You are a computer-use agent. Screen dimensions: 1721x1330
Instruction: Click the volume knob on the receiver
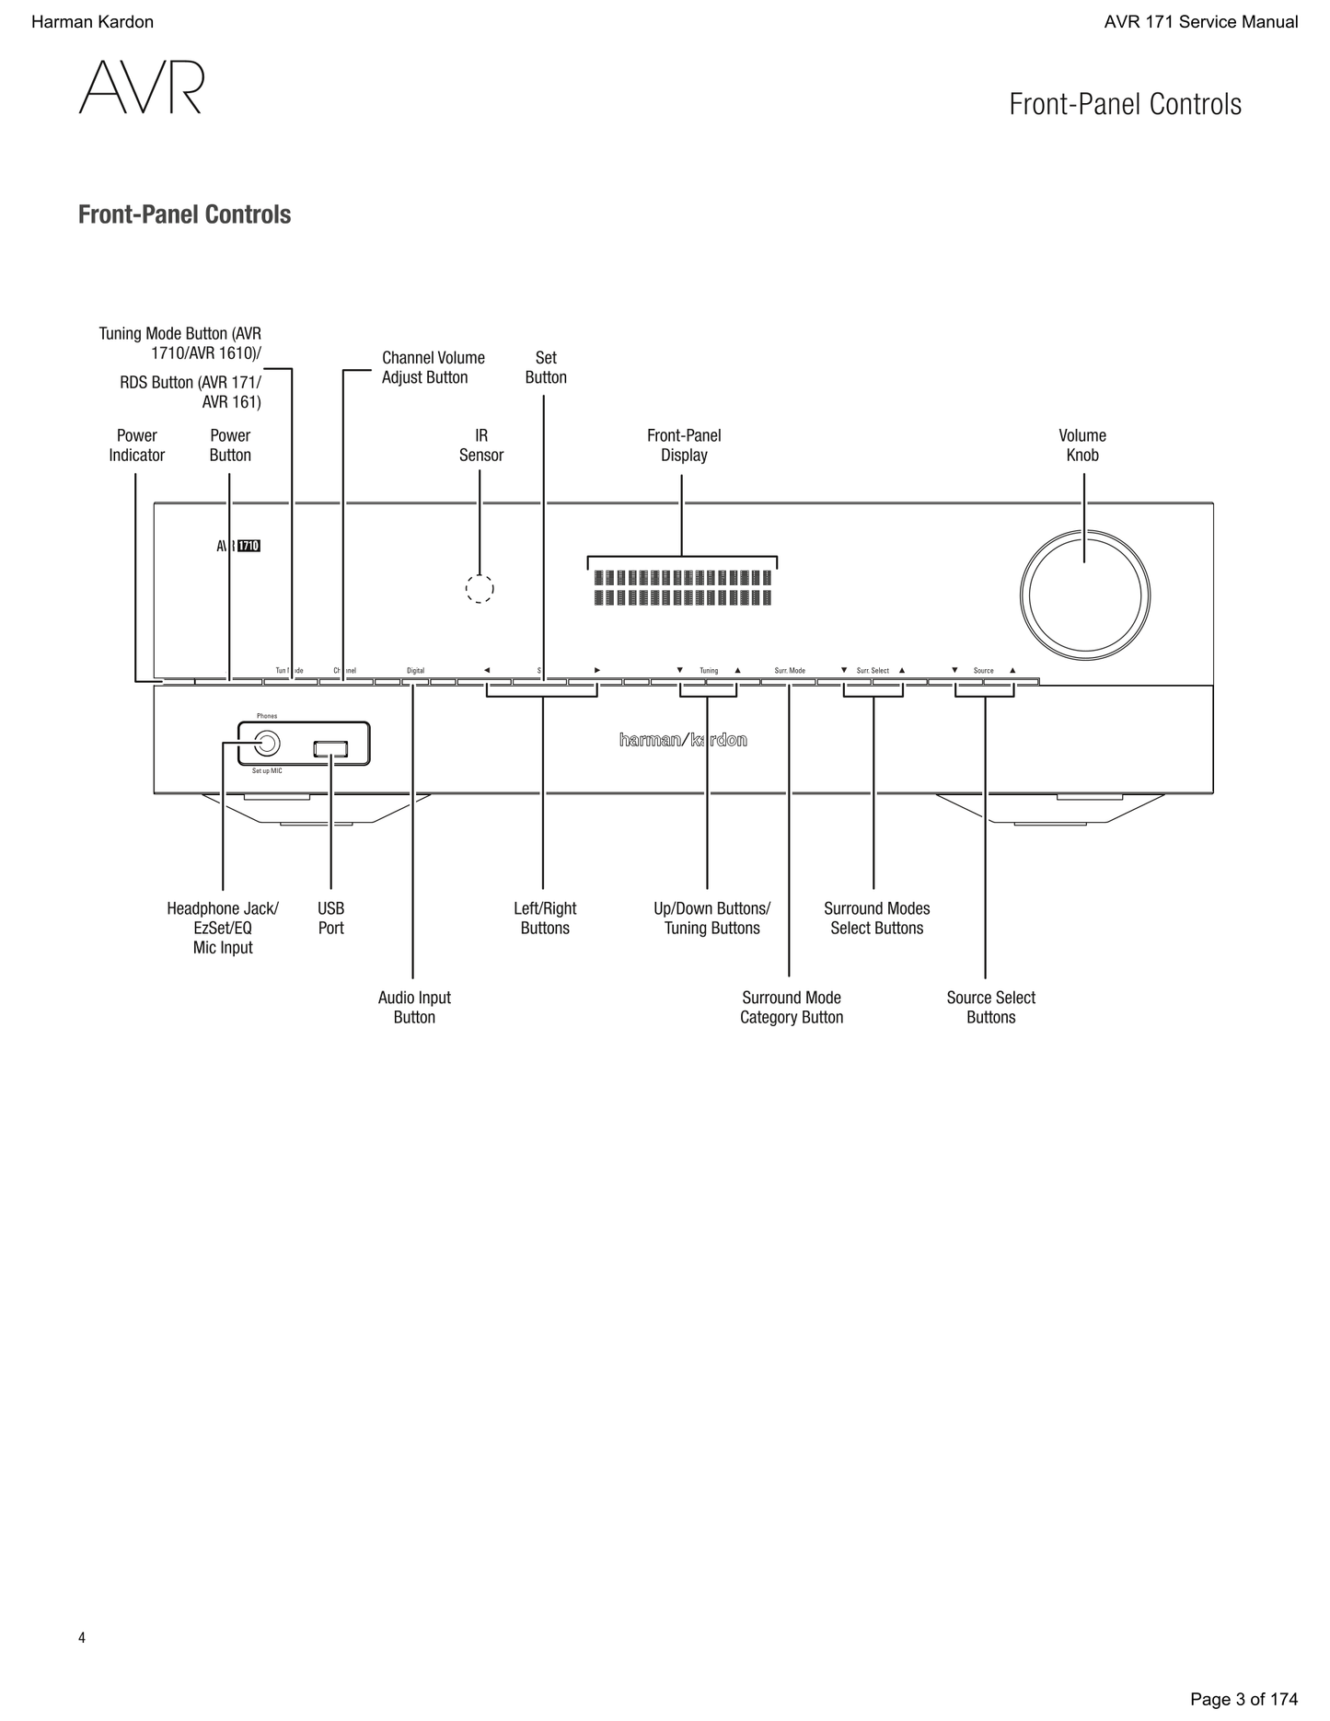click(1084, 595)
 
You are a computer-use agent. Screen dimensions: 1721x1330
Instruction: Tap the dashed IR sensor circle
click(480, 589)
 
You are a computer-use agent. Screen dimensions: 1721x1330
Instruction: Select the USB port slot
click(330, 750)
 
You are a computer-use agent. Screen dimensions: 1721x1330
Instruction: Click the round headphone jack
click(266, 744)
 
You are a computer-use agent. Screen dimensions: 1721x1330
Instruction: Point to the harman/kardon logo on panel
click(682, 740)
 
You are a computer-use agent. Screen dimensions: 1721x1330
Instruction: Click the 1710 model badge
click(249, 546)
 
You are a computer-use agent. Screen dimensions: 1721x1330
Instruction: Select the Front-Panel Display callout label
click(684, 445)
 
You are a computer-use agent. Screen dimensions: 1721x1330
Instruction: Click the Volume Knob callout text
click(1082, 445)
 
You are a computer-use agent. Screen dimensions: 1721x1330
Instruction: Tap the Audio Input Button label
click(414, 1007)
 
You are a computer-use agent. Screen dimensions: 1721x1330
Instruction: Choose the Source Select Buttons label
click(990, 1007)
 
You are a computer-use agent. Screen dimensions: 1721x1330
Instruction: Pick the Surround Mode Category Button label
click(792, 1007)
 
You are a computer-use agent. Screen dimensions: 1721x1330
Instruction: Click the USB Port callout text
click(330, 918)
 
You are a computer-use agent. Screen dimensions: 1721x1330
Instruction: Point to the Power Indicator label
click(137, 445)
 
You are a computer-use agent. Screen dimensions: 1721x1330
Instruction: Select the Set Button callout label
click(546, 367)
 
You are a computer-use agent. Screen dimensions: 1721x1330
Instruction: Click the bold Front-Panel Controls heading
click(184, 214)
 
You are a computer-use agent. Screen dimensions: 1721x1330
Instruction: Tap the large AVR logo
click(141, 88)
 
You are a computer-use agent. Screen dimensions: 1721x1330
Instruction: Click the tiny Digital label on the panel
click(416, 671)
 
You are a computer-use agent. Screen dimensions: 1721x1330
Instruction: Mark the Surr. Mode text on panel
click(790, 671)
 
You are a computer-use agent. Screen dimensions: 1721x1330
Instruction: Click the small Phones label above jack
click(267, 716)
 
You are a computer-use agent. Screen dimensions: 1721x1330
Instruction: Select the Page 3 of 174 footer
click(1243, 1699)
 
